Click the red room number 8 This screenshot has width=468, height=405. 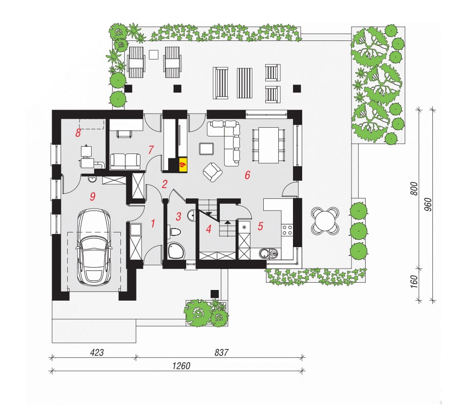click(x=78, y=133)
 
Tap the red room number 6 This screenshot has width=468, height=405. click(x=248, y=175)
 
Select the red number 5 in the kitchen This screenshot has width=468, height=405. click(x=260, y=226)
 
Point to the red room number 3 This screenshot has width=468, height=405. click(x=178, y=216)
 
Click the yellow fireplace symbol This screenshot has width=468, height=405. click(x=183, y=164)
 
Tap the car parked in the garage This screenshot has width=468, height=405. click(x=94, y=247)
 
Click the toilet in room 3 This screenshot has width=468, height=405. click(x=175, y=232)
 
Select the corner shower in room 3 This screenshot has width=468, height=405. click(x=175, y=251)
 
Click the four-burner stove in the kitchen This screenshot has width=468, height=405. click(x=287, y=230)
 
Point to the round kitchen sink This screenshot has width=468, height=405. click(x=264, y=254)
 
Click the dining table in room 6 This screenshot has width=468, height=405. click(x=269, y=145)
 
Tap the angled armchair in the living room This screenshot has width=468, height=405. click(x=213, y=172)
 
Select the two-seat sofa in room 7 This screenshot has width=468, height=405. click(x=125, y=161)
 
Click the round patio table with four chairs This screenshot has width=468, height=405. click(x=325, y=221)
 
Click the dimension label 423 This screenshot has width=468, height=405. click(x=97, y=352)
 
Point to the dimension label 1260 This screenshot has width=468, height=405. click(x=181, y=366)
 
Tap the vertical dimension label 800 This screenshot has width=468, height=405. click(x=414, y=189)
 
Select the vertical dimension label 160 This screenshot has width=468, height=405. click(x=414, y=282)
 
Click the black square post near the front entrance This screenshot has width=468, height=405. click(x=214, y=294)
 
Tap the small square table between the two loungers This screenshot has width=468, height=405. click(x=154, y=55)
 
